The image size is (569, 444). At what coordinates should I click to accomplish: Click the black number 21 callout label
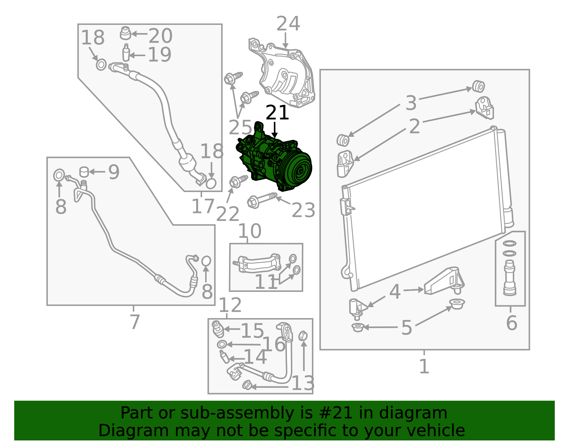(277, 113)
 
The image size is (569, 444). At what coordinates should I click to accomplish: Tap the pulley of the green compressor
(297, 169)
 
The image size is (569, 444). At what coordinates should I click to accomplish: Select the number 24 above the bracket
(288, 23)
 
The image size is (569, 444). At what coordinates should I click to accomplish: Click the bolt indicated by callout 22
(238, 181)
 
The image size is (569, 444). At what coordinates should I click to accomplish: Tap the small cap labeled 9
(84, 172)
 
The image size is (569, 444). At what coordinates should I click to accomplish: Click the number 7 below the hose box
(135, 322)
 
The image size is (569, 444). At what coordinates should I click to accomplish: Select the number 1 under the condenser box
(424, 366)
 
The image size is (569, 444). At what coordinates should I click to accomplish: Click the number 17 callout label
(203, 206)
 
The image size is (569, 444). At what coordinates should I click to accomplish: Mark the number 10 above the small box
(250, 231)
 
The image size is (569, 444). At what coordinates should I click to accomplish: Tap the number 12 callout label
(230, 305)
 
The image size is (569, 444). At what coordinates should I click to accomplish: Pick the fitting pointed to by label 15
(218, 329)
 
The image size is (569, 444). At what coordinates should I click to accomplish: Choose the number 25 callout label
(240, 128)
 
